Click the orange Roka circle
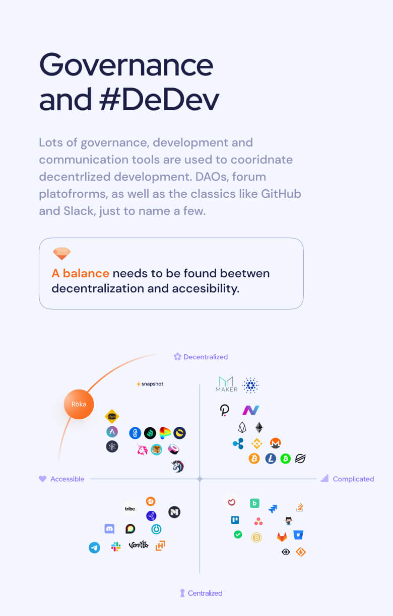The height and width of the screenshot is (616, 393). coord(79,404)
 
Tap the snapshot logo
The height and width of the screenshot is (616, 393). coord(150,383)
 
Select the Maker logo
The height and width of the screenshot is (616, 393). coord(226,384)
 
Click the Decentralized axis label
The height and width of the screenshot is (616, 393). coord(206,357)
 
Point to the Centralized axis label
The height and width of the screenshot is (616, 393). coord(205,593)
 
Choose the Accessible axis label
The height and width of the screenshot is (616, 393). coord(67,479)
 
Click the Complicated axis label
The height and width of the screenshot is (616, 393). coord(353,479)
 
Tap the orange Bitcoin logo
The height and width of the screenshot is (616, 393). coord(254,458)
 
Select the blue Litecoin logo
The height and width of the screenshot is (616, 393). coord(271,458)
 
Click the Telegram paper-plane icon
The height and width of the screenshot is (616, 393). coord(94,547)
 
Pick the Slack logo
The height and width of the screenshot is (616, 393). coord(116,547)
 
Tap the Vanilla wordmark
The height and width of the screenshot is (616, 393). coord(139,545)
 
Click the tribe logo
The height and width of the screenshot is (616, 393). coord(130,509)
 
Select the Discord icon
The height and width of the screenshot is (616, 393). coord(109,528)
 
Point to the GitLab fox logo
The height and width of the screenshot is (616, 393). coord(282,536)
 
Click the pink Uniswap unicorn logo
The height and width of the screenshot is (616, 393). coord(142,449)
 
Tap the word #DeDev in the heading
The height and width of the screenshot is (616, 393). coord(159,99)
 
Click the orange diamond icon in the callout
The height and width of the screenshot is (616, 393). coord(61,253)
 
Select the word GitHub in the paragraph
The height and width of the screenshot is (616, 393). coord(281,194)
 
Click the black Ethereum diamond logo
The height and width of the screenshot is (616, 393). coord(259,427)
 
